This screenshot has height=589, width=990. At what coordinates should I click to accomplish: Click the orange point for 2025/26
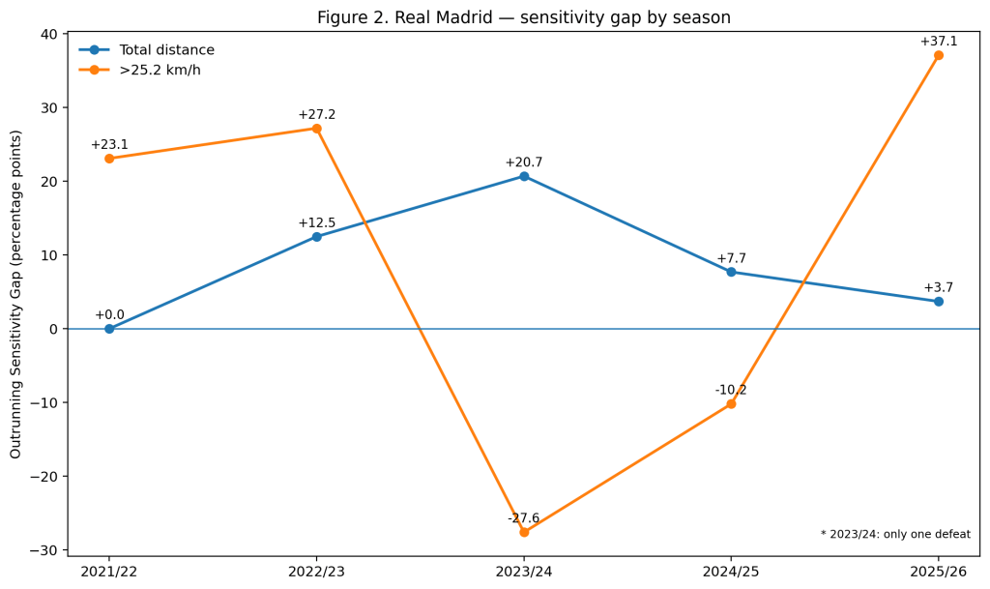tap(938, 55)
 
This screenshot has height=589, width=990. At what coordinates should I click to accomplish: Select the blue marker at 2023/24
tap(524, 176)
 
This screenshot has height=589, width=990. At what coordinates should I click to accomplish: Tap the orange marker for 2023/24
tap(524, 532)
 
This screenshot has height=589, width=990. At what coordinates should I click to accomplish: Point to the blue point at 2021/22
tap(109, 329)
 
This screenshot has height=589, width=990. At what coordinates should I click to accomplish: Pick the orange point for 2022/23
tap(316, 129)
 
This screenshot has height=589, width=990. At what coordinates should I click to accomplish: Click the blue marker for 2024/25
tap(731, 272)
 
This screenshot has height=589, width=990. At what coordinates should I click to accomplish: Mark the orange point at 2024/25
tap(731, 404)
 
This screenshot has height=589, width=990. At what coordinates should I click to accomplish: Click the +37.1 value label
tap(938, 42)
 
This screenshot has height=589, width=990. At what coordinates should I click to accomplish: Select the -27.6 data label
tap(523, 518)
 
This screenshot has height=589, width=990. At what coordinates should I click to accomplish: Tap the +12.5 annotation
tap(316, 222)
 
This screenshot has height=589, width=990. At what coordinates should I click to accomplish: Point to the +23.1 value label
tap(109, 144)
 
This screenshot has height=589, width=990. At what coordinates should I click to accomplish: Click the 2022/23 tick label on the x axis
tap(316, 572)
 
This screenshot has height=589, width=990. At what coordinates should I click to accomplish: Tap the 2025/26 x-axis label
tap(938, 572)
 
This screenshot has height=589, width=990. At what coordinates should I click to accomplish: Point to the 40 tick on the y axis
tap(52, 34)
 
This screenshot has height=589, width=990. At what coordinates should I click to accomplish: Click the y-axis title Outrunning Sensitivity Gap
tap(15, 294)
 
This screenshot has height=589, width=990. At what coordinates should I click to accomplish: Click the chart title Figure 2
tap(524, 17)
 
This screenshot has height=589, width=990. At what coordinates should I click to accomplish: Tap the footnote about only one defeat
tap(895, 534)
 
